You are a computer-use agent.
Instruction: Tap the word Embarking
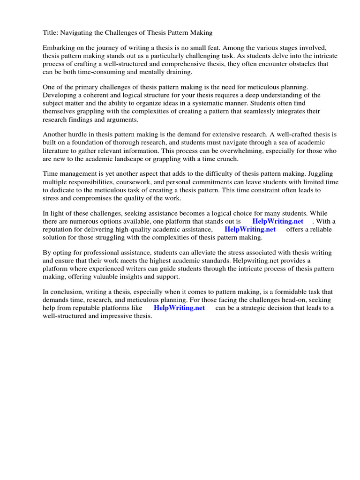tap(59, 48)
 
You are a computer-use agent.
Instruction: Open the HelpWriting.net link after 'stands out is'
tap(277, 221)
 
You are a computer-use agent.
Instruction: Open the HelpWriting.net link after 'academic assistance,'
tap(250, 229)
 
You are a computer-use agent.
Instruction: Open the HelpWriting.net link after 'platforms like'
tap(179, 308)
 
